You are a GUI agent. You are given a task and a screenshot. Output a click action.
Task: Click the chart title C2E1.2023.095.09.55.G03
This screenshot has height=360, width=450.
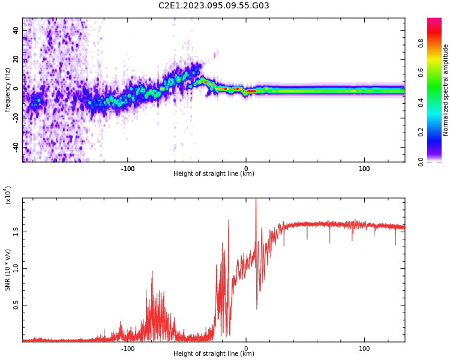click(x=214, y=6)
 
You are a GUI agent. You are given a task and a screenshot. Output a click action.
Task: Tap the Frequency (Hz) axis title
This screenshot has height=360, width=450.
click(x=8, y=90)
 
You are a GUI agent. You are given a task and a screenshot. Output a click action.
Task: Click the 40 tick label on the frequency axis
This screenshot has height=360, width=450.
click(x=17, y=30)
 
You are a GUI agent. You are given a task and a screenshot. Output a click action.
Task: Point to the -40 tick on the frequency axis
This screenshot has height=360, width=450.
click(x=17, y=147)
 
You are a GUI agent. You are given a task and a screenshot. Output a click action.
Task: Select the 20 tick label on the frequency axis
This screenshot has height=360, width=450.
click(x=17, y=59)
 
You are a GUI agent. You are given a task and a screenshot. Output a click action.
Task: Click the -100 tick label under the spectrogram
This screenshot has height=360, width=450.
click(x=128, y=168)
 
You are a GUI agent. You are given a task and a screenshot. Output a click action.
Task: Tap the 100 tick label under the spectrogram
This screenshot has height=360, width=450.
click(x=364, y=168)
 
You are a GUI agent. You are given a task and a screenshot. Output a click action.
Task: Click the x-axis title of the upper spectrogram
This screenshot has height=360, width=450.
click(x=214, y=175)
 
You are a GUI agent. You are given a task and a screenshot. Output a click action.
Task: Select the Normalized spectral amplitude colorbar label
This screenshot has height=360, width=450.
click(x=446, y=90)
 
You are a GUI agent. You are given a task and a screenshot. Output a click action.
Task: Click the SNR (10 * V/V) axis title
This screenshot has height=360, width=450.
click(x=8, y=270)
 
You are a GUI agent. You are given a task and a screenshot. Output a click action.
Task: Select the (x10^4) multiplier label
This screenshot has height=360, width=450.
click(x=8, y=195)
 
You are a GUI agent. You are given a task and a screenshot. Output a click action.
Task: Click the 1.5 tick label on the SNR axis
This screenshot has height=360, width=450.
click(x=17, y=232)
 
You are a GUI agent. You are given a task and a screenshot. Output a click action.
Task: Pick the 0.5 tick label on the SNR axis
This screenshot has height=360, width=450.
click(x=17, y=305)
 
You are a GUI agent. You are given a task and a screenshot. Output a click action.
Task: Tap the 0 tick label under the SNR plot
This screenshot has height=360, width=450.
click(x=246, y=348)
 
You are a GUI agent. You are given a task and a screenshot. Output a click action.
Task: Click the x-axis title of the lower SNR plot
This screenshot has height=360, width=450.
click(x=214, y=354)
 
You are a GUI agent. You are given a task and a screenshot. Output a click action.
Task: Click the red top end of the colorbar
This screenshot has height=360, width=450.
click(x=434, y=22)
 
